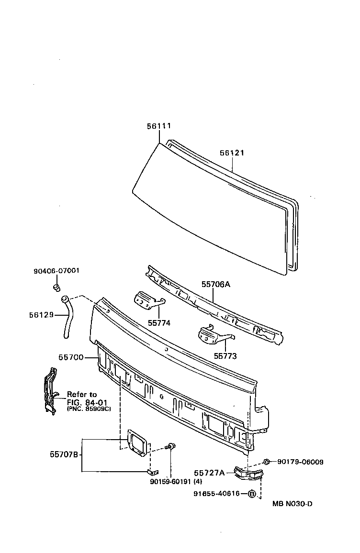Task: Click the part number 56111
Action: click(158, 126)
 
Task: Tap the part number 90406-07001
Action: click(56, 271)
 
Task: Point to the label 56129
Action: click(41, 315)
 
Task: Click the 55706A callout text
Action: click(215, 284)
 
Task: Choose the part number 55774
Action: click(159, 323)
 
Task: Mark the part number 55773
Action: click(225, 356)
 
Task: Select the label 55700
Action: click(71, 357)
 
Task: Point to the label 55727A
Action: click(209, 473)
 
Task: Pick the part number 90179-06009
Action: click(300, 462)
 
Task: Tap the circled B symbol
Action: click(252, 494)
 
